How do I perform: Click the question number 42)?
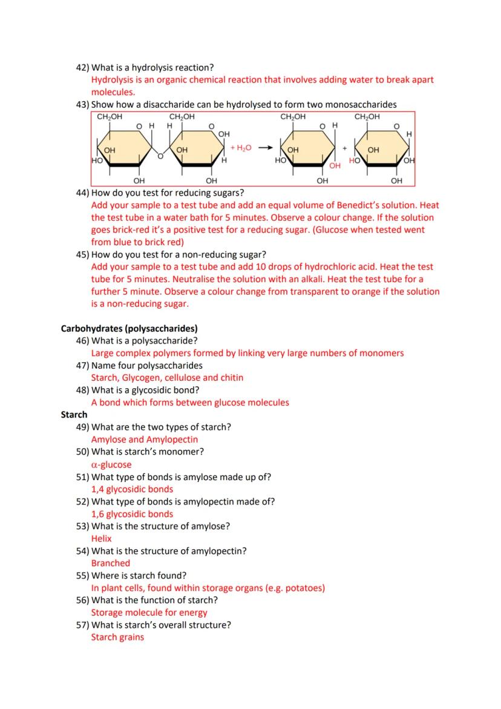pos(82,67)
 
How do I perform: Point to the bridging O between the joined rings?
pos(160,156)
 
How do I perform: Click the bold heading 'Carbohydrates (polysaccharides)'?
pos(129,329)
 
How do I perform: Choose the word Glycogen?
pos(138,378)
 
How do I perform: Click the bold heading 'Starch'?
pos(74,415)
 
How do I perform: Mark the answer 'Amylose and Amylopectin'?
pos(144,440)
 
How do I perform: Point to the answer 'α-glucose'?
pos(111,464)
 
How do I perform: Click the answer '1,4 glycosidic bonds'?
pos(132,489)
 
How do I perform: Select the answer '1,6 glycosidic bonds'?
pos(132,514)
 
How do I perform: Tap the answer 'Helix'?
pos(101,538)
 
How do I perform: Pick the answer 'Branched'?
pos(110,563)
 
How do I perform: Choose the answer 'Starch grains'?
pos(117,637)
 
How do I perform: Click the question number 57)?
pos(82,625)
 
